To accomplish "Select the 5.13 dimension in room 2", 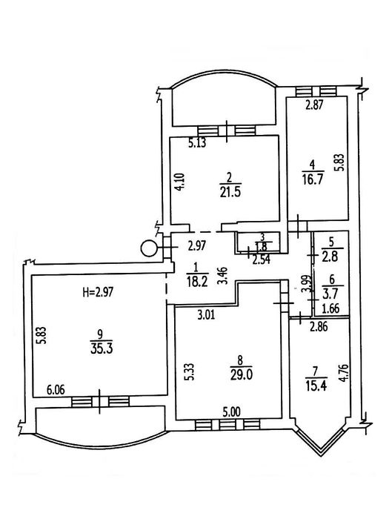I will point(197,143).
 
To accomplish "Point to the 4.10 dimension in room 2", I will point(179,182).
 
